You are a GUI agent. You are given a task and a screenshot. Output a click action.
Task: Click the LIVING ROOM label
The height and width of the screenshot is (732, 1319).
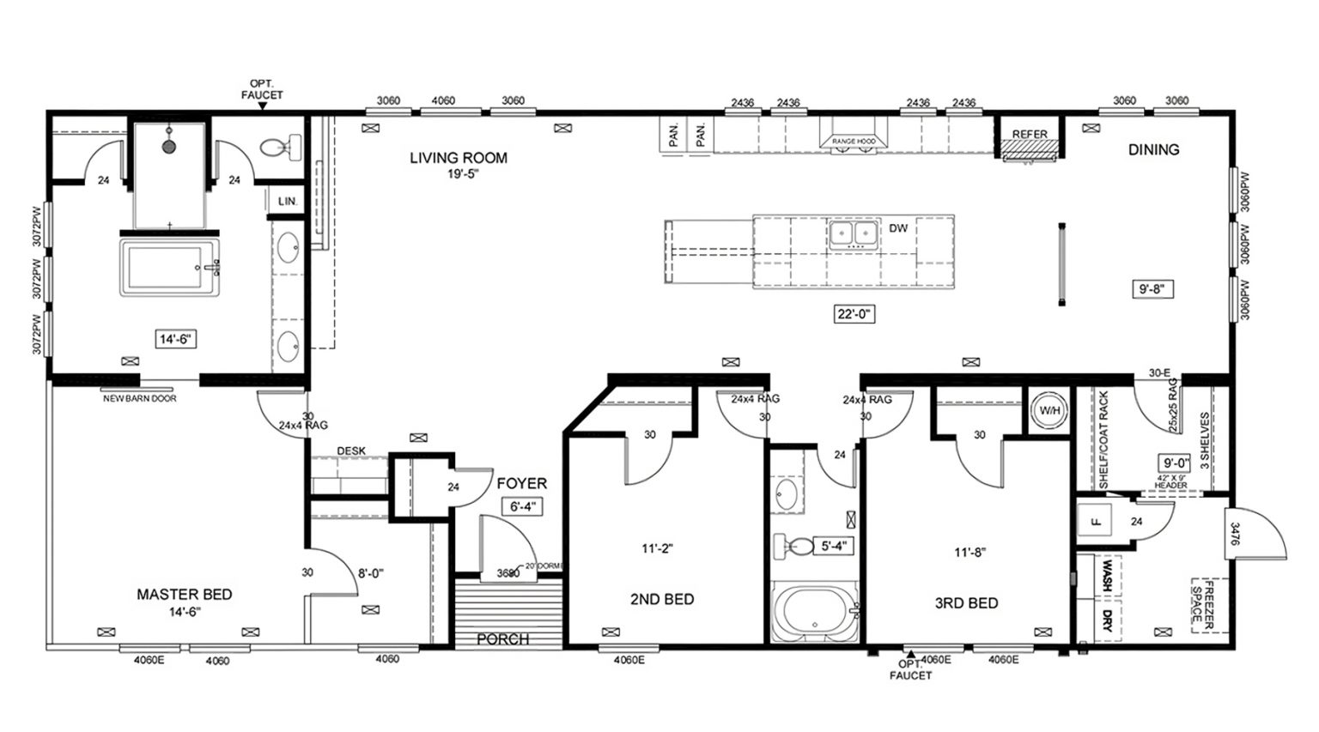coord(458,158)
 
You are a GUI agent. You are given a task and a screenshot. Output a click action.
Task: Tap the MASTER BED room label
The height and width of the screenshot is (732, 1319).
coord(185,594)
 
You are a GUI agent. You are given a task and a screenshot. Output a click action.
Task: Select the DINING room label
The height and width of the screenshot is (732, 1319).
coord(1152,149)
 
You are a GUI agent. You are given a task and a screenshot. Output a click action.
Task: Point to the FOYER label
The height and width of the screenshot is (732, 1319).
coord(521,484)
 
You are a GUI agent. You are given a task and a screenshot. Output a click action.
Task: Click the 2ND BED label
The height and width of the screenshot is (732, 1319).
coord(661,599)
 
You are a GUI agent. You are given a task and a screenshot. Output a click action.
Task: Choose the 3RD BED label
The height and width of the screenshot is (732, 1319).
coord(966,602)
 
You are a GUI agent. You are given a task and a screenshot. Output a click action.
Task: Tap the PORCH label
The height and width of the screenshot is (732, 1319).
coord(503,639)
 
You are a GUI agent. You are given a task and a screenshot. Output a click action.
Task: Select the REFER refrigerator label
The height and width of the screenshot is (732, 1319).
coord(1029,135)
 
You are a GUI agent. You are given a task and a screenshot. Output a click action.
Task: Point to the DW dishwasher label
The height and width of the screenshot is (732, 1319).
coord(898,228)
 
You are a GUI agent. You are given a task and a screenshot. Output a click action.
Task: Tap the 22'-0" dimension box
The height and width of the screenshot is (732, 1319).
coord(854,314)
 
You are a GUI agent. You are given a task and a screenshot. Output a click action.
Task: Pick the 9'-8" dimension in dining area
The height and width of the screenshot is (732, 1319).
coord(1152,289)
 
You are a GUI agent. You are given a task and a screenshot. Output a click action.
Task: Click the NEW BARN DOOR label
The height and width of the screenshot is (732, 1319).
coord(139,398)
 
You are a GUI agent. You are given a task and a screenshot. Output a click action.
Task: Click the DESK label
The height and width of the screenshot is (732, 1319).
coord(351,451)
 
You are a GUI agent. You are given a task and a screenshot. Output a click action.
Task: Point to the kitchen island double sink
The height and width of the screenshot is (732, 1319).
coord(852,233)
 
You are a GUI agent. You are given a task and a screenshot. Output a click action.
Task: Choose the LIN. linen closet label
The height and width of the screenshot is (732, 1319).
coord(287,201)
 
